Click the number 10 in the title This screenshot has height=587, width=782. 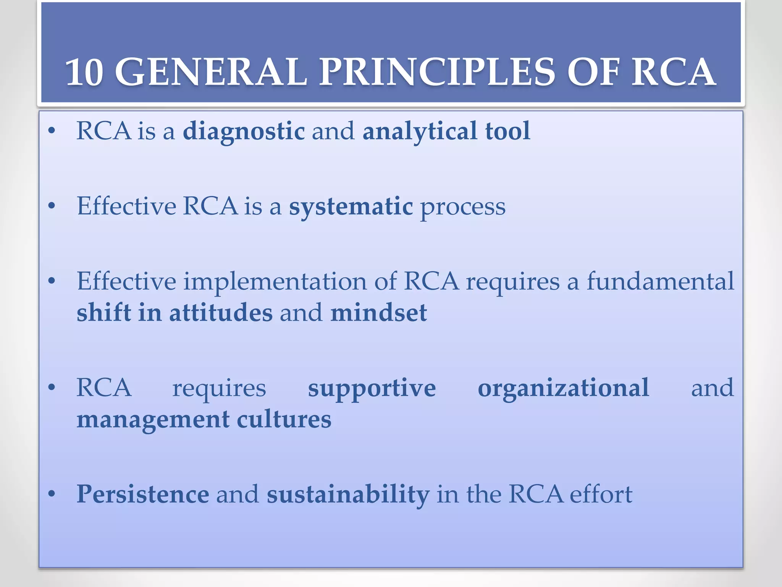pyautogui.click(x=84, y=72)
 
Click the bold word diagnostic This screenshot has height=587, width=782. pyautogui.click(x=244, y=131)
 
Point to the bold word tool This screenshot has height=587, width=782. pyautogui.click(x=507, y=131)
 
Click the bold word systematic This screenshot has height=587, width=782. pyautogui.click(x=351, y=206)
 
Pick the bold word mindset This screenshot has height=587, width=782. pyautogui.click(x=378, y=313)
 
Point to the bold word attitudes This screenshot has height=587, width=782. pyautogui.click(x=221, y=313)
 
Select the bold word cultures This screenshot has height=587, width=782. pyautogui.click(x=284, y=420)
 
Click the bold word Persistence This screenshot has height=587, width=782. pyautogui.click(x=143, y=494)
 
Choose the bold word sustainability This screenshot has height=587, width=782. pyautogui.click(x=348, y=495)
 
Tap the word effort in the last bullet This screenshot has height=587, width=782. pyautogui.click(x=601, y=494)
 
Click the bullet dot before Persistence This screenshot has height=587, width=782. pyautogui.click(x=52, y=494)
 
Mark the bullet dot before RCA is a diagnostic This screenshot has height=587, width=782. pyautogui.click(x=52, y=131)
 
